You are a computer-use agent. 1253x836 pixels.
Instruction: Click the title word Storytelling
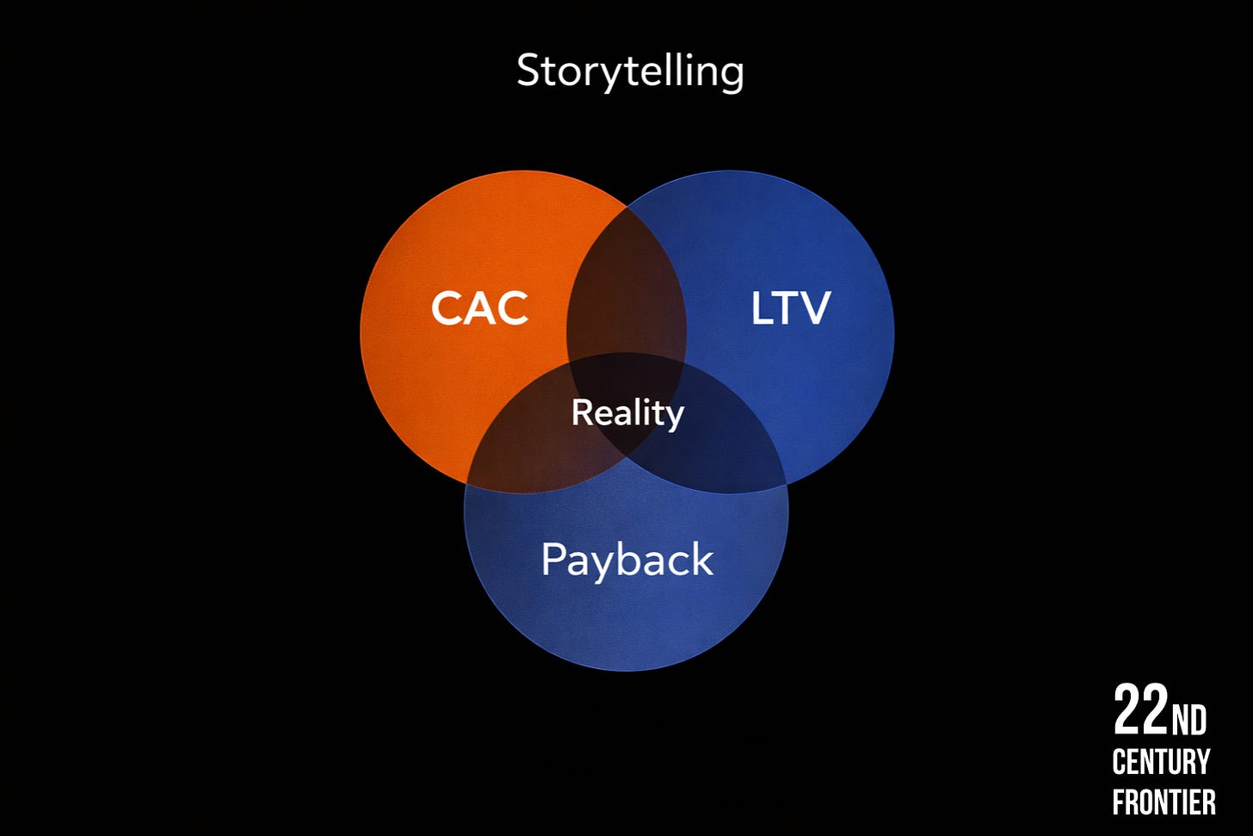point(630,71)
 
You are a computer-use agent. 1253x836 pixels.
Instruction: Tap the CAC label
point(479,308)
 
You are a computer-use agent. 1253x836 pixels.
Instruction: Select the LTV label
point(790,308)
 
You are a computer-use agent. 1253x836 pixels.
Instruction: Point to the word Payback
point(626,560)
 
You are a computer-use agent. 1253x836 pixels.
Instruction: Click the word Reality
point(627,413)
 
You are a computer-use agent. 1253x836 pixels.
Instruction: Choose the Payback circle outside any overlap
point(626,620)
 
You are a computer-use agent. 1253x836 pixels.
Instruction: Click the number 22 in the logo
point(1140,711)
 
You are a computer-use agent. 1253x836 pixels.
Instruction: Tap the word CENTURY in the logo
point(1161,762)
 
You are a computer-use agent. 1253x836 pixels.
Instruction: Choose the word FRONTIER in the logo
point(1163,802)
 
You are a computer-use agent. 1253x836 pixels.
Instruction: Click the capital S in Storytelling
point(528,71)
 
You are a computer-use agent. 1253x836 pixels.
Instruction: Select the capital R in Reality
point(582,412)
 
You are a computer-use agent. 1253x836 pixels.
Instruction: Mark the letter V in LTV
point(814,308)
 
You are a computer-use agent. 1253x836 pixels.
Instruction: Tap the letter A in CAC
point(480,308)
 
